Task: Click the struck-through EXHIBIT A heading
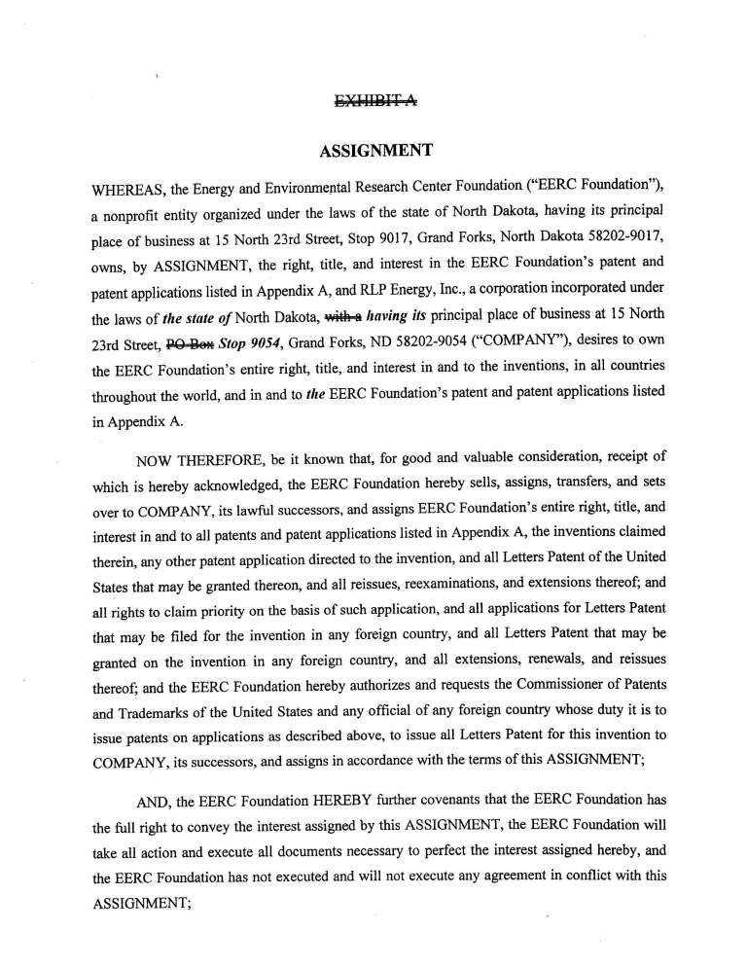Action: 375,100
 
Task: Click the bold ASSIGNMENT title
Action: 375,152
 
